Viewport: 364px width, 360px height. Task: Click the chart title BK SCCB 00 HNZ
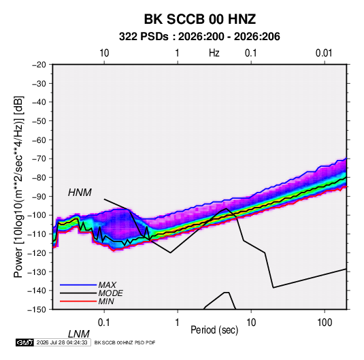click(x=200, y=19)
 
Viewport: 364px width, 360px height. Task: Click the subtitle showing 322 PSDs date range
click(x=199, y=37)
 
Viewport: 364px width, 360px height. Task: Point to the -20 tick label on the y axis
click(x=39, y=65)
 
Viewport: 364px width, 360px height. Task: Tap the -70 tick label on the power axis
click(x=39, y=159)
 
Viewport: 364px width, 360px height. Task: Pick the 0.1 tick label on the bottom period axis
click(x=104, y=323)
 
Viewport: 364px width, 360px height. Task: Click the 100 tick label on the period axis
click(x=325, y=323)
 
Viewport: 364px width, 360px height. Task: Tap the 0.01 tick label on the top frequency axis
click(x=324, y=53)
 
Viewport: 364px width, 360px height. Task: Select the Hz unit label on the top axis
click(x=214, y=53)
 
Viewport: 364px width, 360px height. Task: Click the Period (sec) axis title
click(x=214, y=330)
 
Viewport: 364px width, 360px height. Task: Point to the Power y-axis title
click(x=18, y=187)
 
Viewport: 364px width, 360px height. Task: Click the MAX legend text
click(x=107, y=285)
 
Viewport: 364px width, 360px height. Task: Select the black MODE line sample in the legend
click(x=78, y=293)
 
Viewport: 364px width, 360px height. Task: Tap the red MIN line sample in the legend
click(x=78, y=301)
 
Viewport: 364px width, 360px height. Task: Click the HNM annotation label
click(x=80, y=193)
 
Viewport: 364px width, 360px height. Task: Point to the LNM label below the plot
click(x=78, y=334)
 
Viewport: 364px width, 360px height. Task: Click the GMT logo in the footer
click(x=25, y=342)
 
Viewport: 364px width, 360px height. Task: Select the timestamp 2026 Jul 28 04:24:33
click(x=62, y=342)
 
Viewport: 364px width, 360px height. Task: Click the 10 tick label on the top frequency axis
click(x=104, y=53)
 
